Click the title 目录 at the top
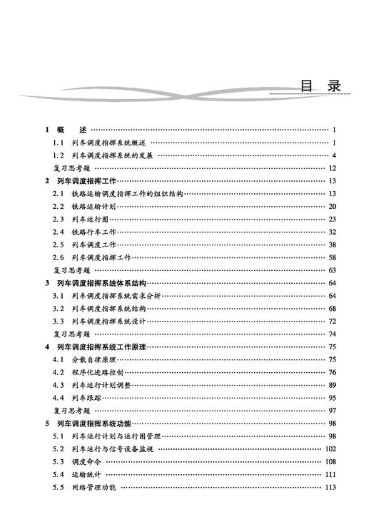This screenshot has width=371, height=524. click(x=320, y=86)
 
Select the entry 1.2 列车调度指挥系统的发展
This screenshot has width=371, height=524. click(x=103, y=155)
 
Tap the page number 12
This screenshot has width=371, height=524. click(x=332, y=168)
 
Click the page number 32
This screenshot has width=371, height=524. click(x=332, y=232)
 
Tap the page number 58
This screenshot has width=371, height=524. click(x=332, y=257)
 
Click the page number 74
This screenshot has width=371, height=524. click(x=332, y=334)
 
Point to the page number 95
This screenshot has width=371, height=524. click(x=332, y=398)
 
